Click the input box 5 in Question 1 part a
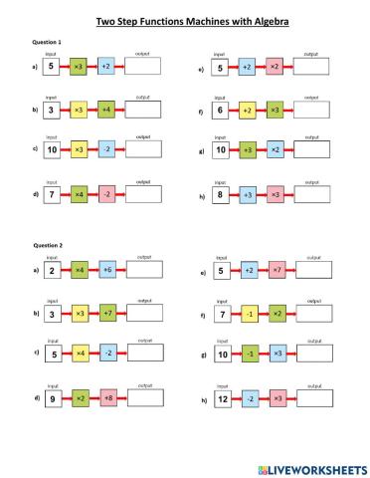click(51, 67)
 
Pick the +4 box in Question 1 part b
click(106, 109)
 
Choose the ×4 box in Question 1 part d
click(79, 193)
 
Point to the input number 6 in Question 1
click(219, 109)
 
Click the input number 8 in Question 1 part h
click(219, 193)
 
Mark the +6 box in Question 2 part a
click(106, 270)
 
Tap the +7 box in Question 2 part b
click(106, 312)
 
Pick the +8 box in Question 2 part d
click(106, 397)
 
